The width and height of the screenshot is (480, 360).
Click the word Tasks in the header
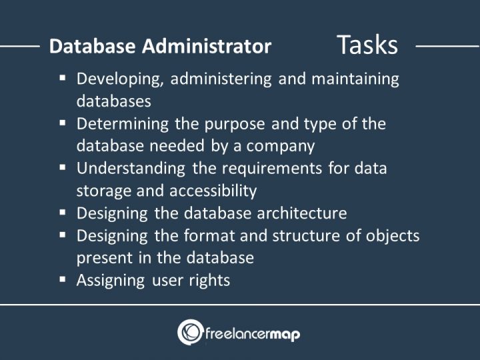click(367, 45)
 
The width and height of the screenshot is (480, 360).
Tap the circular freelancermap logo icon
click(189, 332)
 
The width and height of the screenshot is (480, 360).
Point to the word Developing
click(120, 79)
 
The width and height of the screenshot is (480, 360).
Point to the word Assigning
click(110, 281)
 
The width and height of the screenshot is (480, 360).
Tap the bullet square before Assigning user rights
click(63, 279)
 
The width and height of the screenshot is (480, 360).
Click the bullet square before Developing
click(63, 77)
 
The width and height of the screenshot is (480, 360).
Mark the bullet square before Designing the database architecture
click(63, 212)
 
